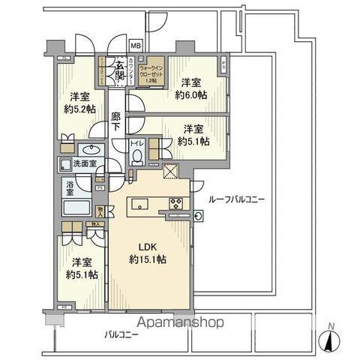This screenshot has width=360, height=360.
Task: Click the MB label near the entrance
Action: coord(136,45)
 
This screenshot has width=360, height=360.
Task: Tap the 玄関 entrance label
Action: coord(118,69)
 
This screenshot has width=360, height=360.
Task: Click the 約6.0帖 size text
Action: coord(193,95)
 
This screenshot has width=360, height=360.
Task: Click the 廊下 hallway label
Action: coord(116,123)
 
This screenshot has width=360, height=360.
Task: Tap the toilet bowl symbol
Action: coord(137,156)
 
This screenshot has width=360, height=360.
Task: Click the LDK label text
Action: coord(147,244)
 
